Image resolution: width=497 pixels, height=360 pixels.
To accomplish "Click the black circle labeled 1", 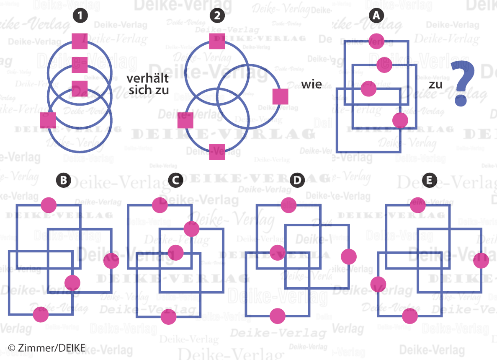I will (x=80, y=16).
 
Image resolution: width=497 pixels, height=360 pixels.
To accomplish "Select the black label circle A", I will (x=377, y=16).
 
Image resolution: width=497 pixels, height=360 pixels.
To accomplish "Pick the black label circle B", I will (x=63, y=181).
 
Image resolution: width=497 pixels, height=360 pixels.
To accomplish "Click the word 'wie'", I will (x=312, y=84).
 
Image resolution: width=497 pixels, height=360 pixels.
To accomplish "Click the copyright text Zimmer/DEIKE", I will (x=47, y=347).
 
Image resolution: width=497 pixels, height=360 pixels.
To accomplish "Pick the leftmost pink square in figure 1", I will (x=48, y=120).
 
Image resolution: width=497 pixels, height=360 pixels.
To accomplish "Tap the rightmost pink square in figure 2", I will (x=280, y=96).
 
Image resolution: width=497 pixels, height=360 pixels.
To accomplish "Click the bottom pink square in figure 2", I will (x=217, y=152).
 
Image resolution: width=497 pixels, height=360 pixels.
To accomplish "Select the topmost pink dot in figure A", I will (x=377, y=41).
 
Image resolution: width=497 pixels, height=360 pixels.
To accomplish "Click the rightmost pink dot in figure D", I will (x=349, y=256).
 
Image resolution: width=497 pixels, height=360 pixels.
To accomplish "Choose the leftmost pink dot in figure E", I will (x=379, y=285).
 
